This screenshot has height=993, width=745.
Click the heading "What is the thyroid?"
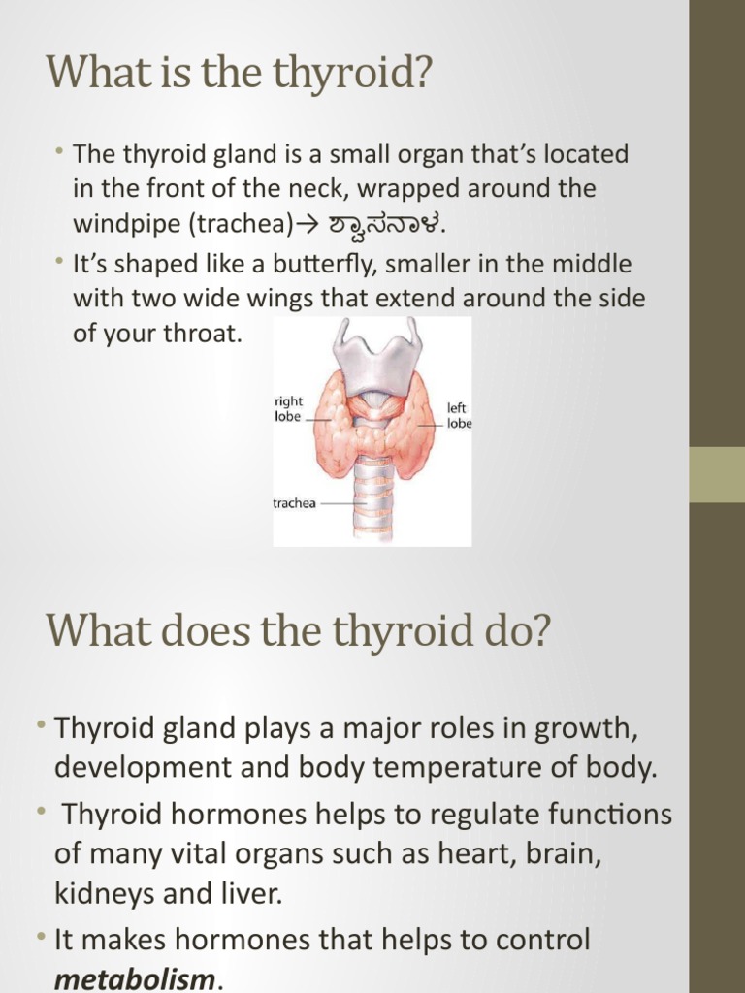pyautogui.click(x=238, y=74)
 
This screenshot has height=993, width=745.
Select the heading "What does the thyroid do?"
pyautogui.click(x=298, y=631)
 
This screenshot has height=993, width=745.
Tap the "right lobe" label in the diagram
pyautogui.click(x=289, y=408)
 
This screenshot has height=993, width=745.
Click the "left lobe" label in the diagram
pyautogui.click(x=458, y=415)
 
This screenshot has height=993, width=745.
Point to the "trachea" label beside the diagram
pyautogui.click(x=294, y=504)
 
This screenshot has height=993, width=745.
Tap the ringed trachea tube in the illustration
pyautogui.click(x=372, y=495)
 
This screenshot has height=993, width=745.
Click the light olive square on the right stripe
pyautogui.click(x=716, y=474)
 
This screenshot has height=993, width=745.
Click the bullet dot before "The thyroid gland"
pyautogui.click(x=61, y=152)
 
